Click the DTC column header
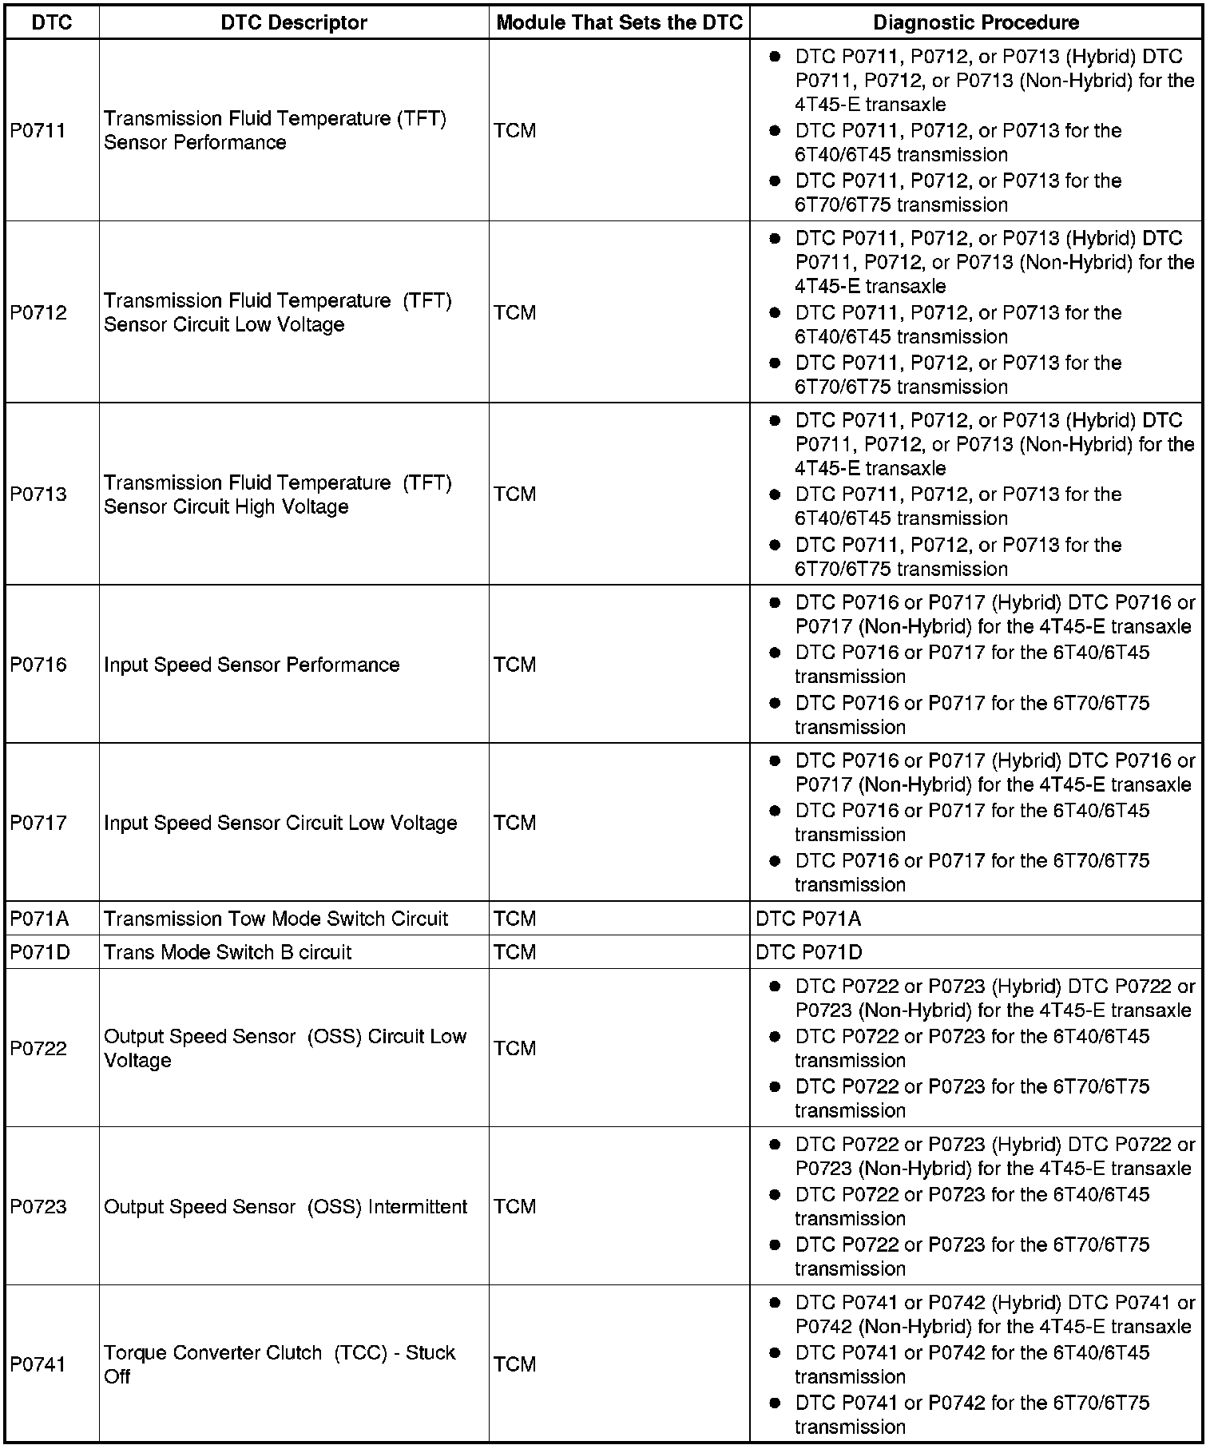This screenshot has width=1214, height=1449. click(52, 22)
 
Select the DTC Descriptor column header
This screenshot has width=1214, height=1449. click(294, 22)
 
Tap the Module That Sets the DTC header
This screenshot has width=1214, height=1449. click(620, 22)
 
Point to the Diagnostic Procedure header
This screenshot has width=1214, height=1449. click(976, 22)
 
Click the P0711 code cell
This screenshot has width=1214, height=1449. click(38, 130)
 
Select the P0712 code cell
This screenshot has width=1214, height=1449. click(38, 312)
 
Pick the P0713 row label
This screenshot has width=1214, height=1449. click(38, 494)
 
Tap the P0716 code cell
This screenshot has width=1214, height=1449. click(38, 665)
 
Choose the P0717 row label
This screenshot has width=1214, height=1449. click(38, 823)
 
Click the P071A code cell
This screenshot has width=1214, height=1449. click(39, 919)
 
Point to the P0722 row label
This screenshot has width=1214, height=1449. click(38, 1048)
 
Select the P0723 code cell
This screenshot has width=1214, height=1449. click(38, 1206)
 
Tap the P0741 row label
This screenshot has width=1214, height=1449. click(38, 1364)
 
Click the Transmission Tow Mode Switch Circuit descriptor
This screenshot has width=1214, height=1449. click(276, 919)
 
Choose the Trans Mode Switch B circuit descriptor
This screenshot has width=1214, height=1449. click(228, 952)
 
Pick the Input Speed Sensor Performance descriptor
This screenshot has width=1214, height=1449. click(252, 665)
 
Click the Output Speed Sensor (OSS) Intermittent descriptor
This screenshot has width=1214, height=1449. click(285, 1206)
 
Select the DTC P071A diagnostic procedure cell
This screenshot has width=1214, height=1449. click(808, 919)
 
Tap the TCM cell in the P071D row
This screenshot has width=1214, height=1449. click(515, 952)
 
